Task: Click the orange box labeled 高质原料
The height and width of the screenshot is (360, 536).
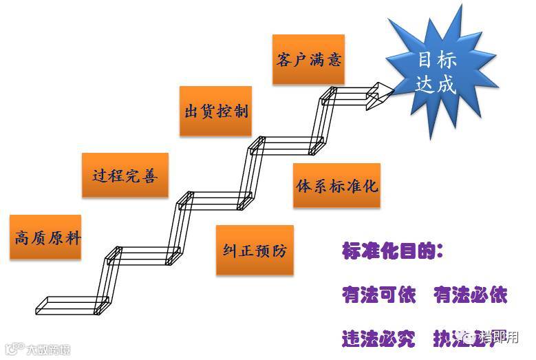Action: (45, 238)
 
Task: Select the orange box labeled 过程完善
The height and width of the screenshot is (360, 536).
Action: (125, 175)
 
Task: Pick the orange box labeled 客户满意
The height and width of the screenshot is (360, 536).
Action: (308, 59)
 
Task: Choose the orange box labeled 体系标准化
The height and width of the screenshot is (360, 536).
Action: (336, 186)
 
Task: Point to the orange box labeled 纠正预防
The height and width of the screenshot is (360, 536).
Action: (254, 250)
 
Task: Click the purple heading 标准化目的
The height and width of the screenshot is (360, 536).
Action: (392, 251)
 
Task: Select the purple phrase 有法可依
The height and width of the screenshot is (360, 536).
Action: (379, 295)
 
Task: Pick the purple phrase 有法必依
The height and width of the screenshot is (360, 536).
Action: (471, 295)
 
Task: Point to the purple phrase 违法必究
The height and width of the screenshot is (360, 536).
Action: (379, 338)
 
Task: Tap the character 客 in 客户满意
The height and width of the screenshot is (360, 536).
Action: (284, 59)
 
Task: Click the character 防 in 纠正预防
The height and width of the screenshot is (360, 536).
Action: (279, 250)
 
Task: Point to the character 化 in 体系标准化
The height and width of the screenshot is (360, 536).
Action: (370, 186)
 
